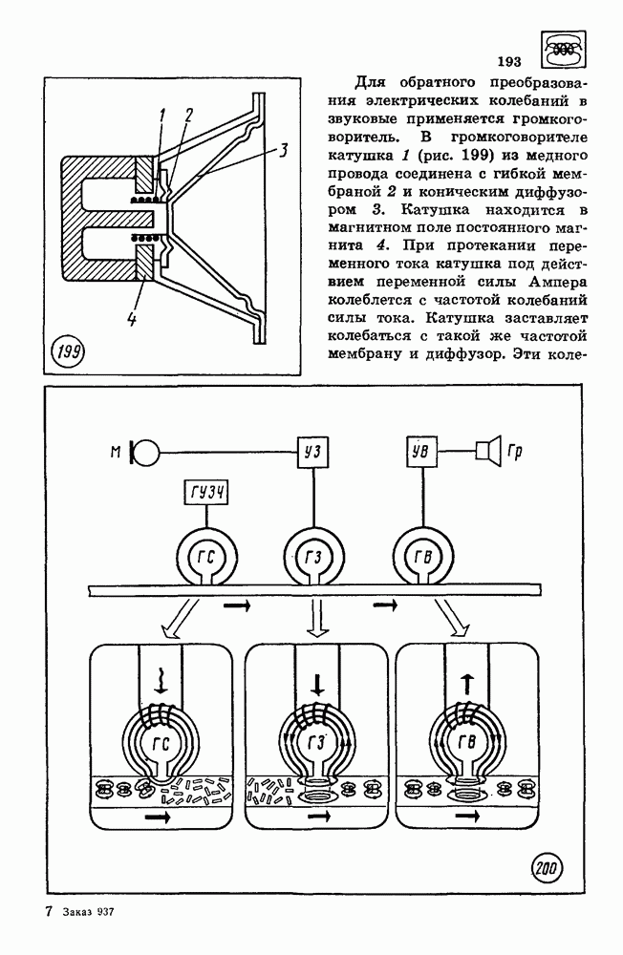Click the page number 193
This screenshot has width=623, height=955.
[508, 63]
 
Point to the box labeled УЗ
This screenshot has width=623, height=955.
[310, 449]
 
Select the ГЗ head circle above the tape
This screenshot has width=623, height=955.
[311, 556]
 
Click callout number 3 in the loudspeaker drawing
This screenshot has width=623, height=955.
[285, 150]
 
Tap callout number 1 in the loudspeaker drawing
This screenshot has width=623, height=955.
[162, 116]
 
